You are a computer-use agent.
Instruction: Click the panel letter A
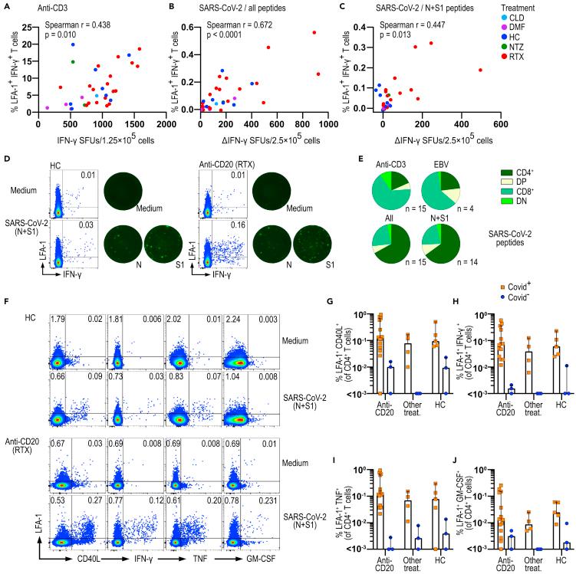pyautogui.click(x=6, y=7)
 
